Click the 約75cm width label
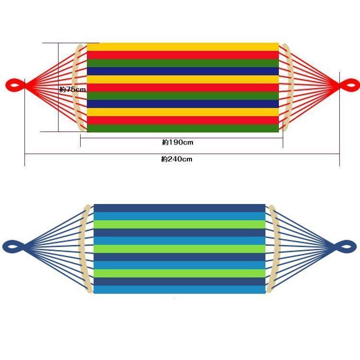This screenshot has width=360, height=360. pyautogui.click(x=72, y=89)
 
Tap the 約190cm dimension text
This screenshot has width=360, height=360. pyautogui.click(x=178, y=143)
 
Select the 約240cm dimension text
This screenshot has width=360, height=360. pyautogui.click(x=177, y=159)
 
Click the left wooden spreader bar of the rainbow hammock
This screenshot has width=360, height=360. pyautogui.click(x=75, y=87)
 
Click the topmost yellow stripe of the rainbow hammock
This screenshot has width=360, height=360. pyautogui.click(x=183, y=47)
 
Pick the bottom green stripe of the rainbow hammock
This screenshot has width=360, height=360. pyautogui.click(x=183, y=128)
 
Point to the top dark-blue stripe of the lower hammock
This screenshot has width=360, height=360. pyautogui.click(x=180, y=208)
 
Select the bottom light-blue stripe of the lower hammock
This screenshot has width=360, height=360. pyautogui.click(x=180, y=289)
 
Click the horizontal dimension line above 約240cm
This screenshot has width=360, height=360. pyautogui.click(x=182, y=154)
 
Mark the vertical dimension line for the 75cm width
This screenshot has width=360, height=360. pyautogui.click(x=59, y=87)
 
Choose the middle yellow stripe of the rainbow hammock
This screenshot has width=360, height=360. pyautogui.click(x=183, y=79)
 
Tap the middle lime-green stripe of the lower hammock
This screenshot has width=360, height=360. pyautogui.click(x=180, y=249)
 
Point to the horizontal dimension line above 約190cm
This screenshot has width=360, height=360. pyautogui.click(x=181, y=138)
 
